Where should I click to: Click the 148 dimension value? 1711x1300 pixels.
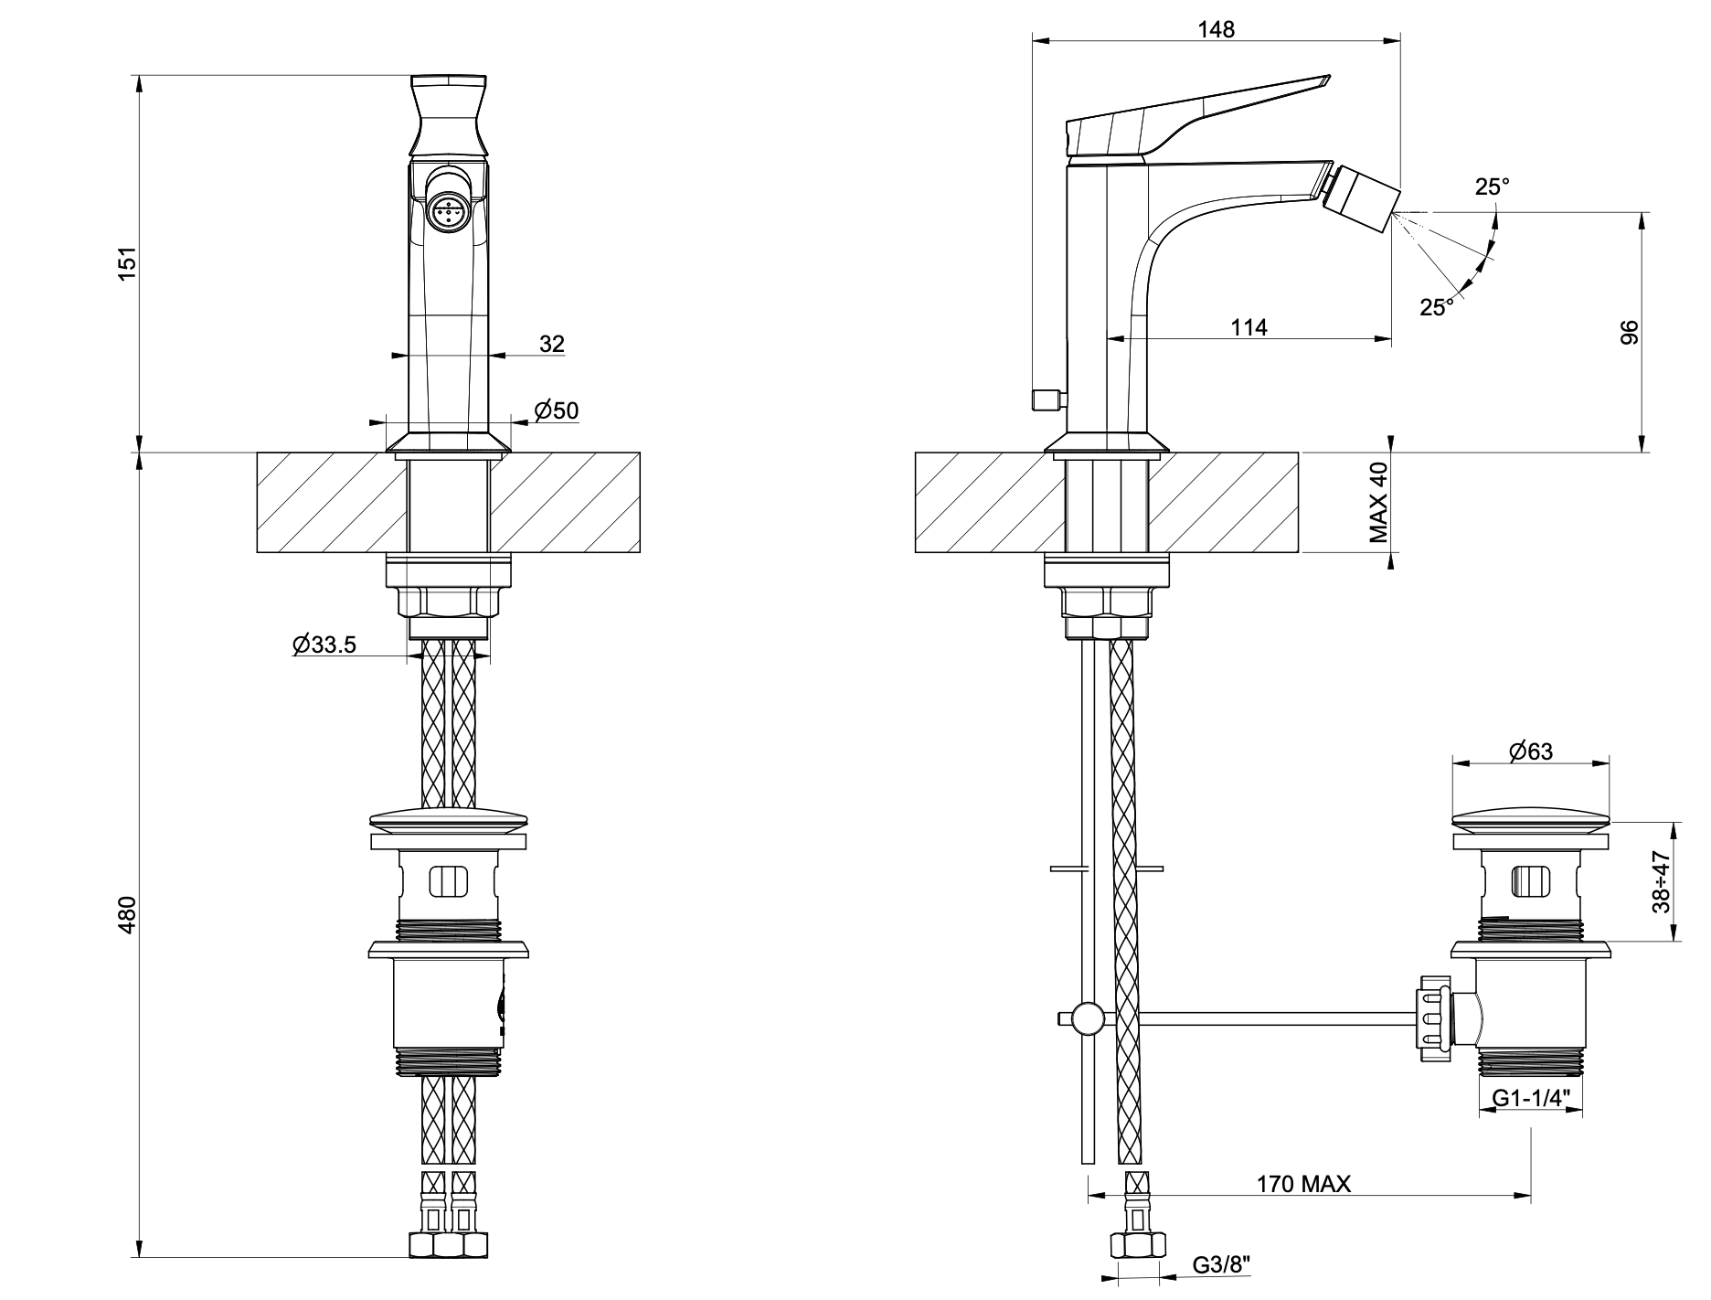tap(1216, 29)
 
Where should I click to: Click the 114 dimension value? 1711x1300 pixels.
tap(1249, 326)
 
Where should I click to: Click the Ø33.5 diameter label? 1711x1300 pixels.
tap(324, 645)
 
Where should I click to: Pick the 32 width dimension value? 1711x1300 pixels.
tap(552, 344)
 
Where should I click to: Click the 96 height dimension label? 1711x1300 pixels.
tap(1628, 332)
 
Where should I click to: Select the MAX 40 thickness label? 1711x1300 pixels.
tap(1379, 503)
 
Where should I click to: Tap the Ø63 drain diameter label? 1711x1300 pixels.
tap(1531, 751)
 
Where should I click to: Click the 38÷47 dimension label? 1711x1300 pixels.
tap(1661, 882)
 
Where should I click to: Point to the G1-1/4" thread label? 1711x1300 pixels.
tap(1531, 1097)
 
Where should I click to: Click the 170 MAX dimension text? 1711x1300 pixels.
tap(1303, 1184)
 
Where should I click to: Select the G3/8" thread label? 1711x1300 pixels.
tap(1222, 1265)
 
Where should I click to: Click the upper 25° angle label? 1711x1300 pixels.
tap(1492, 187)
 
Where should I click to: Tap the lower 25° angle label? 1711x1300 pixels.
tap(1437, 307)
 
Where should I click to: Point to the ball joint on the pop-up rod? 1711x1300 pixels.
tap(1088, 1018)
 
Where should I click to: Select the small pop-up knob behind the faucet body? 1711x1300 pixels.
tap(1047, 400)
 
